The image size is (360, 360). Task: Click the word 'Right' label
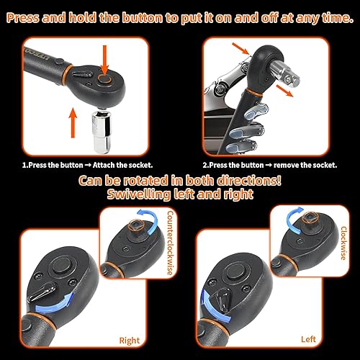pos(130,341)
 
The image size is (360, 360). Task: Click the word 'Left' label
pos(308,339)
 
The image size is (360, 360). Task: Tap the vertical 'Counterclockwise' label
pos(170,243)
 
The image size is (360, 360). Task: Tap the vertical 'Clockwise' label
pos(344,243)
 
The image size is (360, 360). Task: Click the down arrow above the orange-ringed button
pos(104,59)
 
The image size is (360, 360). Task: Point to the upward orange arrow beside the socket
pos(73,123)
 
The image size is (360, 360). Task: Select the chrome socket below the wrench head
pos(102,130)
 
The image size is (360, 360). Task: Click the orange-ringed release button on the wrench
pos(104,79)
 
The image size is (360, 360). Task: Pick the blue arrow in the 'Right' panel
pos(55,303)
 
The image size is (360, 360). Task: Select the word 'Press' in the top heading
pos(22,18)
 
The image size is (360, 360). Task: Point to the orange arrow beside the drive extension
pos(284,91)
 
